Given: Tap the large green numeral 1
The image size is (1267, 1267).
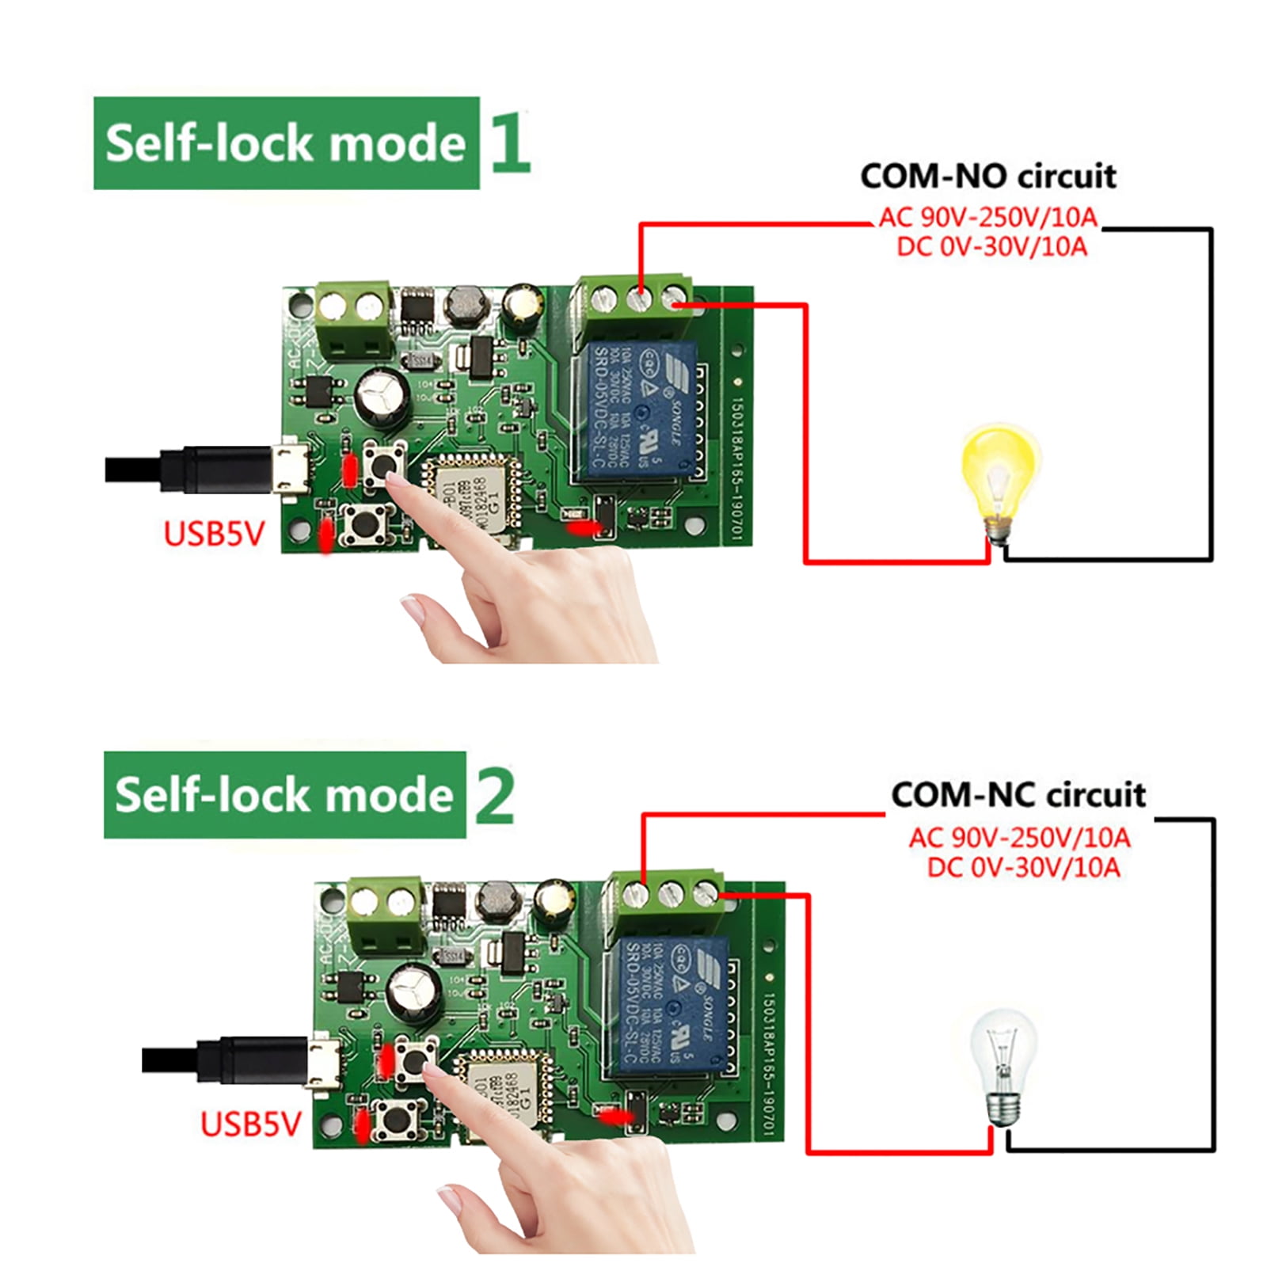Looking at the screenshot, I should tap(509, 143).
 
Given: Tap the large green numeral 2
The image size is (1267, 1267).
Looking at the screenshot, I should tap(495, 796).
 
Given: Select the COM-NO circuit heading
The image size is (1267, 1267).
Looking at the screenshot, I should tap(987, 176).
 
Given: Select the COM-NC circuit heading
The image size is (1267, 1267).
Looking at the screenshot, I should tap(1018, 794).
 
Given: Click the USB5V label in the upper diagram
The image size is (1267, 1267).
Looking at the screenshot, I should tap(213, 534).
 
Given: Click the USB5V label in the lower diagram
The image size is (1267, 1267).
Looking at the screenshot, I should tap(250, 1124).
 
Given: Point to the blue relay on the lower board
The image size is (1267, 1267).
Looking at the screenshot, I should tap(669, 1004).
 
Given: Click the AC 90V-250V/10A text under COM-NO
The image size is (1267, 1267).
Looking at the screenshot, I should tap(987, 217).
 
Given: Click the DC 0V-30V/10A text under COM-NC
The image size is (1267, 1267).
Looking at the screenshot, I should tap(1023, 868).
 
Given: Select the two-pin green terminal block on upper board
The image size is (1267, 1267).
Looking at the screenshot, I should tap(353, 320).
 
